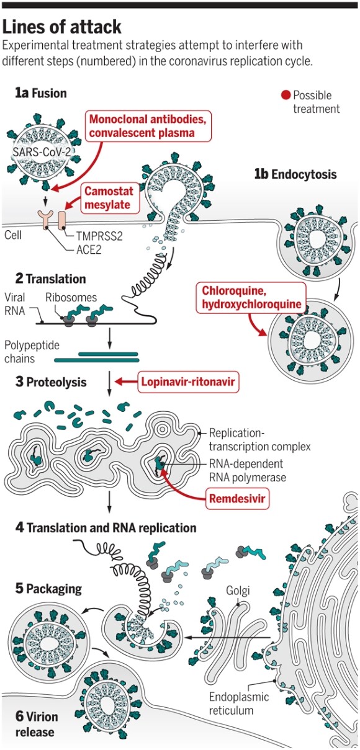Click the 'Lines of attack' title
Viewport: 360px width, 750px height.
coord(61,27)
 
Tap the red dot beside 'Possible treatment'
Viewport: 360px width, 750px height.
coord(286,96)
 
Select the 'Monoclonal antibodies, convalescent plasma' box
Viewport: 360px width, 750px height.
coord(148,126)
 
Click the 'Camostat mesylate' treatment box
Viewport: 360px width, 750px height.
coord(109,198)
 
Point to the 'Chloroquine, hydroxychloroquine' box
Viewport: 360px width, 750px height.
coord(251,298)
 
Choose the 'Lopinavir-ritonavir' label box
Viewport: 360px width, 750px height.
coord(188,382)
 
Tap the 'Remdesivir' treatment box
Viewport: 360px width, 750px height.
coord(237,499)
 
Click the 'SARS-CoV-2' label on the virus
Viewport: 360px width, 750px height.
coord(42,153)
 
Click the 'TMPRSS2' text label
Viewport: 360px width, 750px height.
coord(99,236)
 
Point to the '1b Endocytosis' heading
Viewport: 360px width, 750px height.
coord(295,174)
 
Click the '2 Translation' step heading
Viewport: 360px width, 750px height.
coord(50,279)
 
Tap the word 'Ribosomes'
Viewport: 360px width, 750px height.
coord(71,297)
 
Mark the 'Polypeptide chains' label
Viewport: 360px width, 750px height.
coord(32,352)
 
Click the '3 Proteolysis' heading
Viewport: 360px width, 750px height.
coord(51,382)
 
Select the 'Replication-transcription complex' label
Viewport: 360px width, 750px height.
coord(259,440)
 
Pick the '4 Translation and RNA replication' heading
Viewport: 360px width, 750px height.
coord(106,528)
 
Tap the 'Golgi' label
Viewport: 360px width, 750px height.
coord(238,591)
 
